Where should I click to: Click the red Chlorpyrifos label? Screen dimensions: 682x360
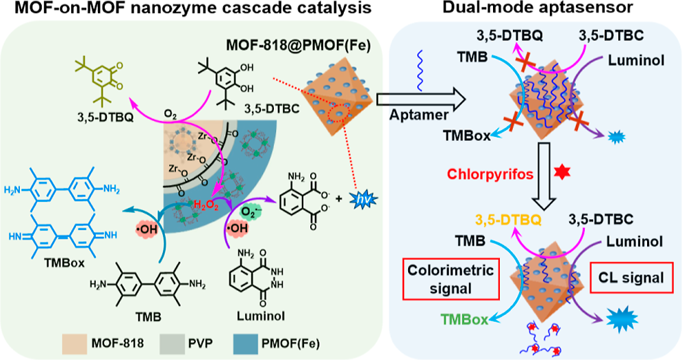click(490, 175)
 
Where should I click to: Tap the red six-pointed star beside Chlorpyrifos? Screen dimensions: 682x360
click(561, 172)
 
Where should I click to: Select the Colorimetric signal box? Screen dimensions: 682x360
click(451, 279)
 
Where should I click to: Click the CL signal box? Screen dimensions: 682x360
click(631, 277)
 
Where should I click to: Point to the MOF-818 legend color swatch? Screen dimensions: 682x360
click(75, 344)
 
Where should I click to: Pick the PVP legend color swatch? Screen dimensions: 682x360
click(173, 344)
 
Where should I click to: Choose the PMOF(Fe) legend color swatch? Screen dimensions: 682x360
click(247, 344)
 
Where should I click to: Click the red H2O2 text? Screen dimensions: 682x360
click(206, 205)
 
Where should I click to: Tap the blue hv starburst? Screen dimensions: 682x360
click(364, 200)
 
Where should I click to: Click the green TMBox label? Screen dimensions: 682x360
click(464, 320)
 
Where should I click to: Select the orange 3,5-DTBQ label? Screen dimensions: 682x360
click(509, 220)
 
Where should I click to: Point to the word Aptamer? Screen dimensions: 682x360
click(418, 115)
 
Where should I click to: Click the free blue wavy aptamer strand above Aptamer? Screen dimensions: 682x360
click(420, 70)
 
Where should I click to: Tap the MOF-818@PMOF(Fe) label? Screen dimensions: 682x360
click(299, 45)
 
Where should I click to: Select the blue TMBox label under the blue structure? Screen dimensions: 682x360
click(64, 263)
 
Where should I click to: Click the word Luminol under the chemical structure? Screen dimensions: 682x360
click(261, 316)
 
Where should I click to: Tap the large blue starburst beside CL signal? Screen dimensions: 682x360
click(622, 320)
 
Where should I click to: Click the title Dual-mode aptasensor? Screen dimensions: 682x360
click(538, 8)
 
